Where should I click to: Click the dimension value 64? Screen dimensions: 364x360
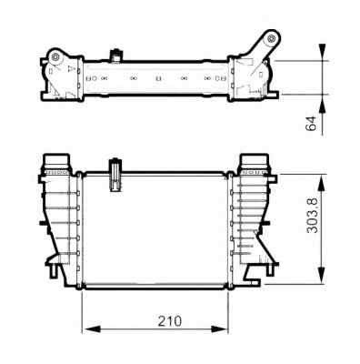pos(311,126)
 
